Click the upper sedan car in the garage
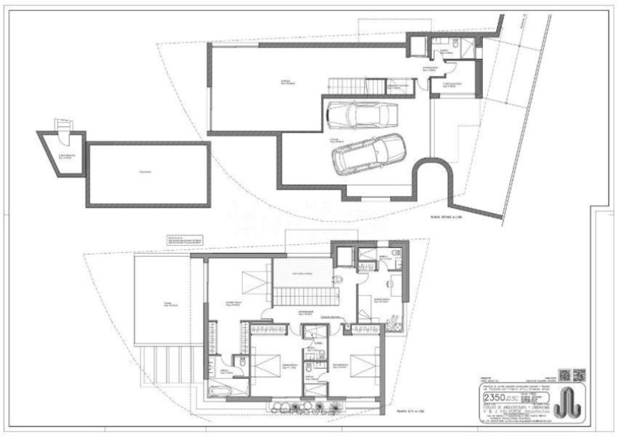click(x=363, y=115)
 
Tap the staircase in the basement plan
click(x=357, y=86)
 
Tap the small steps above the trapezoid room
click(x=63, y=125)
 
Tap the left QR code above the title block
click(x=564, y=375)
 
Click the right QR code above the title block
click(x=579, y=375)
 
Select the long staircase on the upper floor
click(x=305, y=297)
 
